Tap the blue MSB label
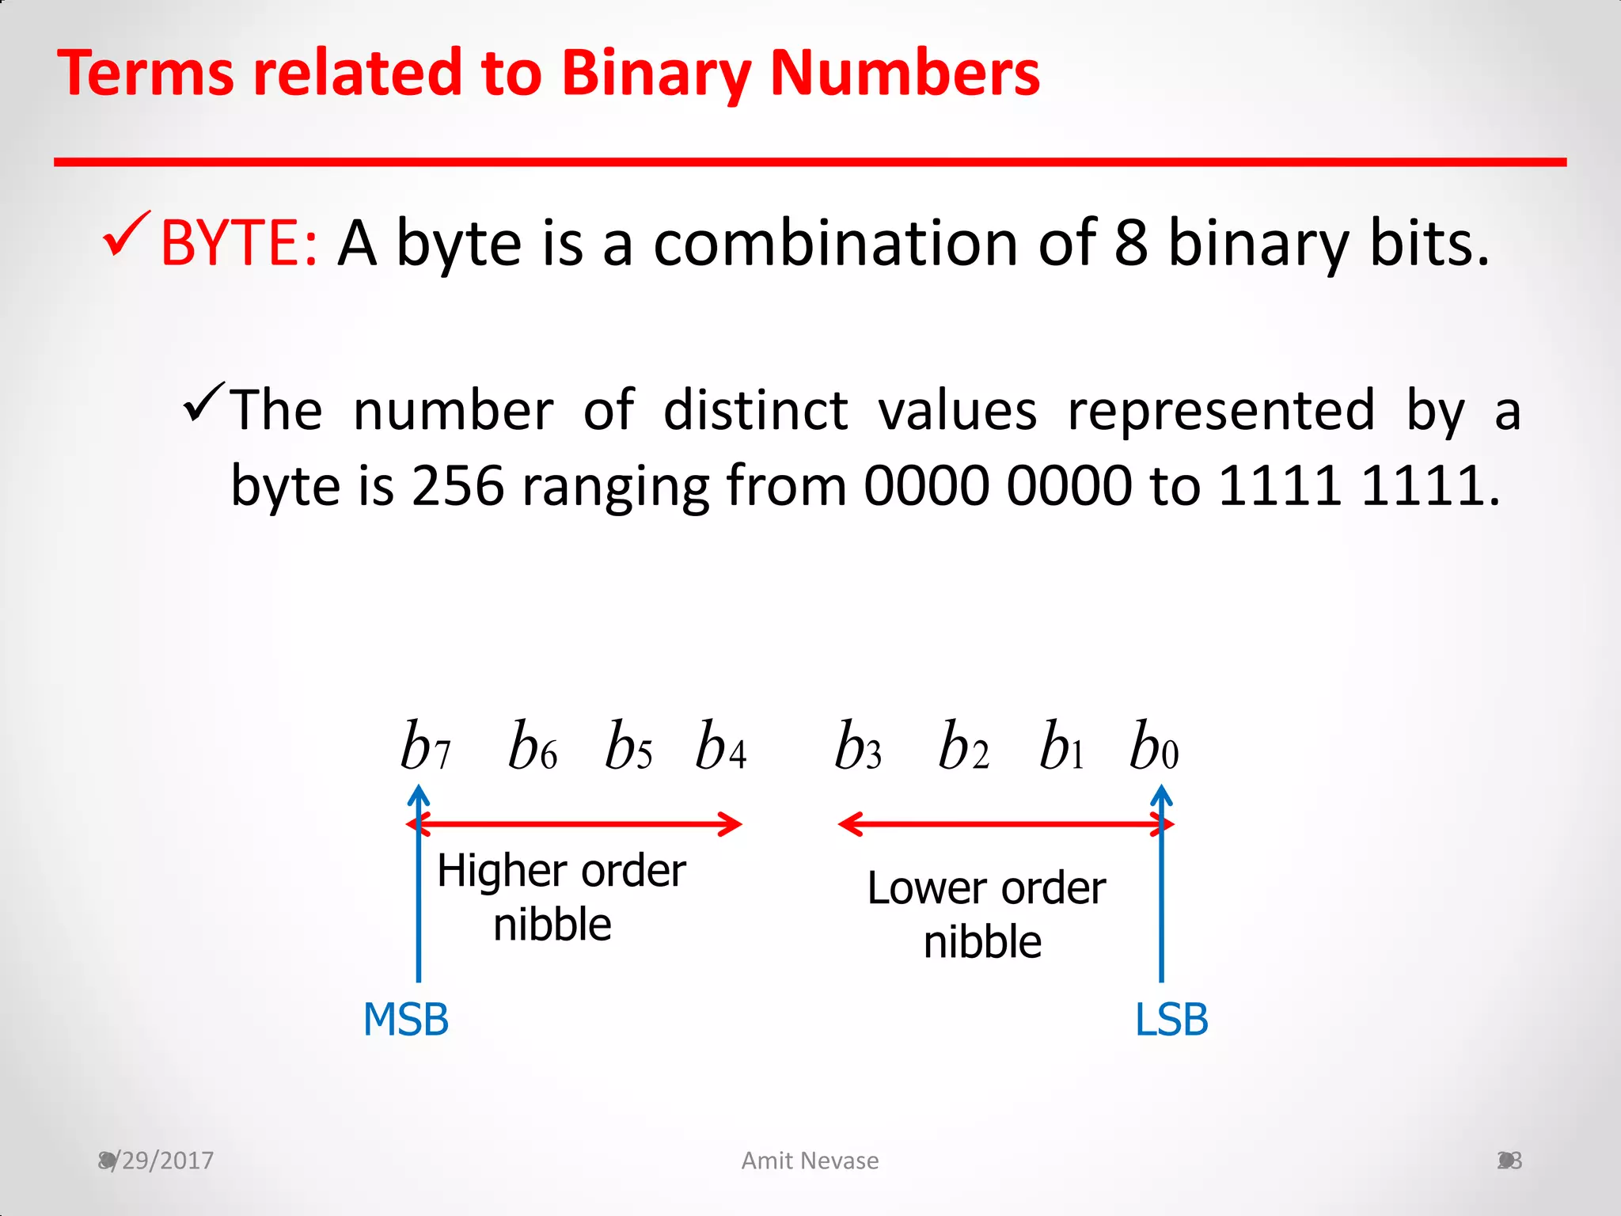click(406, 1020)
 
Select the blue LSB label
click(1171, 1020)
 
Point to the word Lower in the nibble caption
click(926, 888)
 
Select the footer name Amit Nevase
click(810, 1161)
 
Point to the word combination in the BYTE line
click(835, 242)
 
